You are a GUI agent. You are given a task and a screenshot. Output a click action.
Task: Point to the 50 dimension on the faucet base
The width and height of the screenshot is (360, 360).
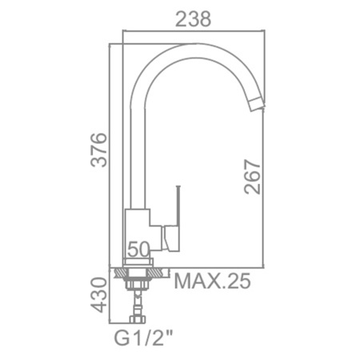[x=138, y=250]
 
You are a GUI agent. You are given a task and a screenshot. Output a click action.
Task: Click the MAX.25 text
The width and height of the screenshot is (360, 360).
[x=212, y=281]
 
